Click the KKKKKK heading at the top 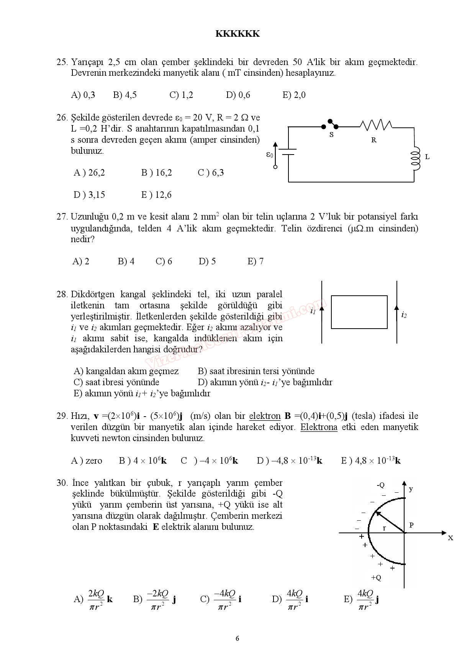click(x=237, y=34)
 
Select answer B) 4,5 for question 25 click(x=125, y=95)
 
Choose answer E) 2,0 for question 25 click(x=294, y=95)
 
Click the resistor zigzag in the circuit click(x=376, y=125)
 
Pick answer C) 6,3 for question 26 click(x=211, y=173)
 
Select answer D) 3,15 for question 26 click(x=89, y=195)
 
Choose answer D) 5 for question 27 click(x=207, y=261)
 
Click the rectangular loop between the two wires click(x=359, y=312)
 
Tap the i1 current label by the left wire click(x=313, y=311)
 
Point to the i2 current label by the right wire click(x=404, y=315)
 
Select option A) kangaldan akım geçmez click(x=126, y=371)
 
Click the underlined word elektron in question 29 click(x=265, y=416)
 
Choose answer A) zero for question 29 click(x=87, y=461)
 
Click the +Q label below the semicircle click(x=376, y=578)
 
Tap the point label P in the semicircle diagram click(x=411, y=525)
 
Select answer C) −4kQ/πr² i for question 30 click(x=221, y=599)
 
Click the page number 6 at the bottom click(x=237, y=638)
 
